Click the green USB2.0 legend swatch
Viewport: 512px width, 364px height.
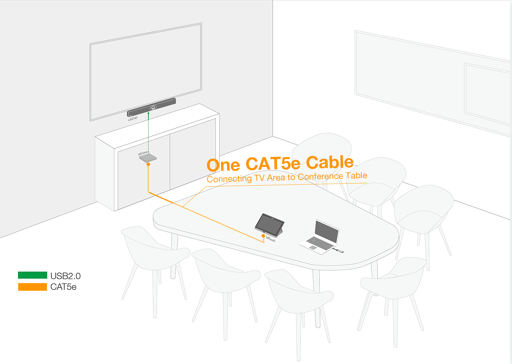[32, 275]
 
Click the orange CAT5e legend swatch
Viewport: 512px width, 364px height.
[32, 287]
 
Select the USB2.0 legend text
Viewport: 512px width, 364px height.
[65, 276]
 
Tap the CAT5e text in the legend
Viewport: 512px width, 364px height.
[63, 287]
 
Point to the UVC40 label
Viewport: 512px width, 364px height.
[133, 119]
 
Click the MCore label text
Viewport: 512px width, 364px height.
[143, 153]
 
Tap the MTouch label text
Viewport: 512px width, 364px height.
[271, 239]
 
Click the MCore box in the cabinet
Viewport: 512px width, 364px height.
[148, 158]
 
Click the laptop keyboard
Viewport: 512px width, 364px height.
[320, 243]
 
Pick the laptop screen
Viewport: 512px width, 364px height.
[326, 232]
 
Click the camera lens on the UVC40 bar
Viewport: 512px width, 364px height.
[153, 108]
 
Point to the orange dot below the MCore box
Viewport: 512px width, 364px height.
[148, 164]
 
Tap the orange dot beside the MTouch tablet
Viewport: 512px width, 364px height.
[263, 236]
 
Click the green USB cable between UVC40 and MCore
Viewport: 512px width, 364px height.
[148, 132]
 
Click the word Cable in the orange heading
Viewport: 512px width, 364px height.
[330, 162]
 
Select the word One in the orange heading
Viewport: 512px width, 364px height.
[223, 165]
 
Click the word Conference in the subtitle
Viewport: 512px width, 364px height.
[320, 177]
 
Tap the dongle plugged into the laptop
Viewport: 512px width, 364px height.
[338, 250]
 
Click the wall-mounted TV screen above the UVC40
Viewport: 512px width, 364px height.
[146, 72]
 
